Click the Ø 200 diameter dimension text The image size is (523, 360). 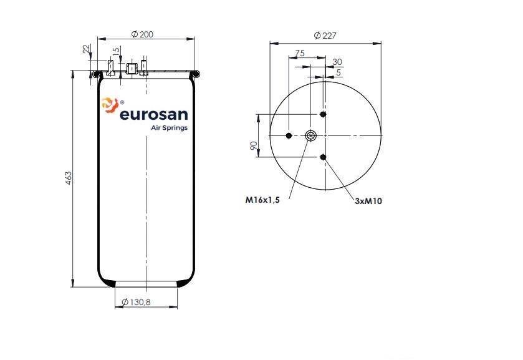tap(142, 34)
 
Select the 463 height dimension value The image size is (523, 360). tap(68, 178)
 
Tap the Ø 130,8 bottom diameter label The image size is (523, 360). tap(136, 302)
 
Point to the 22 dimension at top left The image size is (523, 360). tap(87, 49)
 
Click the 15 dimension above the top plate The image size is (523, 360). tap(116, 51)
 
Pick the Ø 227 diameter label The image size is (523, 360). tap(325, 35)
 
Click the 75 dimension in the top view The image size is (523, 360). tap(299, 53)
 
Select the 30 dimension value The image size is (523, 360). tap(337, 62)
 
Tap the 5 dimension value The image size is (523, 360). tap(338, 72)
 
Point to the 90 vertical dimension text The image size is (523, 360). tap(254, 145)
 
